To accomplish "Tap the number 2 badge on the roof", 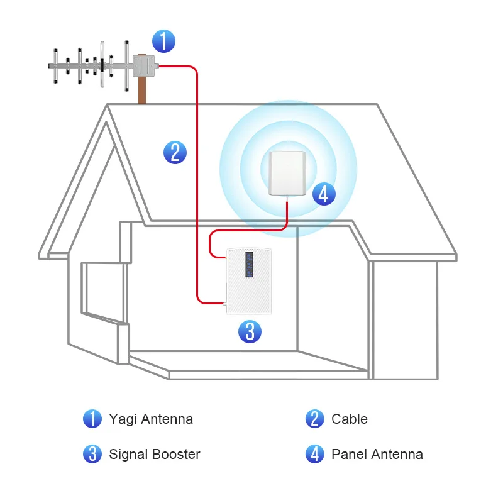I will [175, 153].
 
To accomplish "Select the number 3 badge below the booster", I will [250, 331].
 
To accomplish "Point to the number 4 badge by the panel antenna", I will [323, 194].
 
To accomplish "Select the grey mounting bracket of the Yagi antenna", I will [143, 66].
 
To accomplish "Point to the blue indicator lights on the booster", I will [250, 265].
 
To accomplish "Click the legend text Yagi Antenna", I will [151, 419].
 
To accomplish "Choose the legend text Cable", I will [350, 419].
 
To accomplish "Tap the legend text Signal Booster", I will [155, 454].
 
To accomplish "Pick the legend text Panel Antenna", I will [377, 454].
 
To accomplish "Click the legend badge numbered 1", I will [92, 419].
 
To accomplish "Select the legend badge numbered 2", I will [314, 419].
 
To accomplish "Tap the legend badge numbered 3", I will [92, 454].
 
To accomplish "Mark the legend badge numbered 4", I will [314, 454].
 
